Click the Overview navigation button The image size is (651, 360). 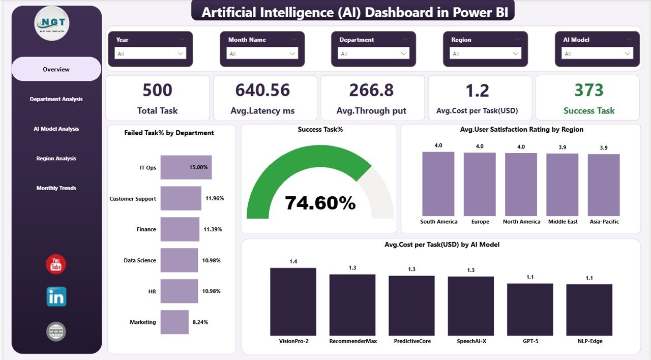[56, 69]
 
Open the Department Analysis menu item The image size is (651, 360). [56, 99]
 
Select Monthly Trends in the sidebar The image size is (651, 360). [56, 188]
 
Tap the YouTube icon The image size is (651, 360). [56, 264]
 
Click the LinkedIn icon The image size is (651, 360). [56, 296]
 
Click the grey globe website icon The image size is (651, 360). [56, 332]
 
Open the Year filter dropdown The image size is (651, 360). [150, 53]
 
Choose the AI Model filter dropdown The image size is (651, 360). [598, 53]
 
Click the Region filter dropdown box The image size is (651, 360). [486, 53]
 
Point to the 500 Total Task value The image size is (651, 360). [157, 91]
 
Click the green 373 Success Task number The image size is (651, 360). [588, 91]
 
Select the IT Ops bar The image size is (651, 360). [186, 167]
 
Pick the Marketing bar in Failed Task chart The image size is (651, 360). [174, 322]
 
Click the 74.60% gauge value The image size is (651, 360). [320, 203]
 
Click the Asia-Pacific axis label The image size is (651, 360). [604, 222]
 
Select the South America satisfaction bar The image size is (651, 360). [438, 184]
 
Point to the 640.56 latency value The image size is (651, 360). [262, 91]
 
